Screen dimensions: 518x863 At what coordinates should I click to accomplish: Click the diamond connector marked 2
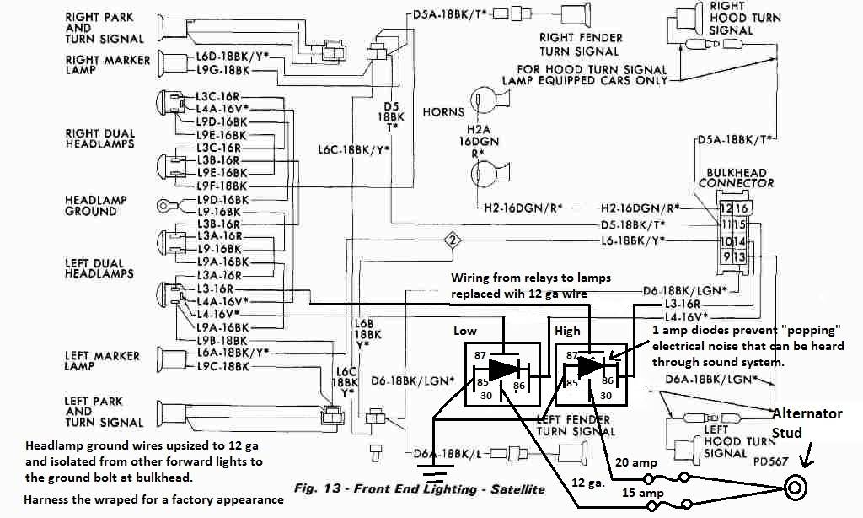click(x=453, y=240)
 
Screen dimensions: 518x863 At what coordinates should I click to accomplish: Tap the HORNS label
click(x=444, y=111)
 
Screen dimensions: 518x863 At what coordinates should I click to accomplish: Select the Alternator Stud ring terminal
click(x=795, y=487)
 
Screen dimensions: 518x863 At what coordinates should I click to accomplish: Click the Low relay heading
click(x=465, y=330)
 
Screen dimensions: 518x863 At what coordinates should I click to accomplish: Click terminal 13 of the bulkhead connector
click(x=740, y=256)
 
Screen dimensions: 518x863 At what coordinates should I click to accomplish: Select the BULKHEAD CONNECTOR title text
click(x=736, y=178)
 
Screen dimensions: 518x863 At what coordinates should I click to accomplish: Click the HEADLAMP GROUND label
click(x=96, y=205)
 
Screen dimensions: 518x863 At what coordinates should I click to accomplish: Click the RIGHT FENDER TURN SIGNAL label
click(x=582, y=45)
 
